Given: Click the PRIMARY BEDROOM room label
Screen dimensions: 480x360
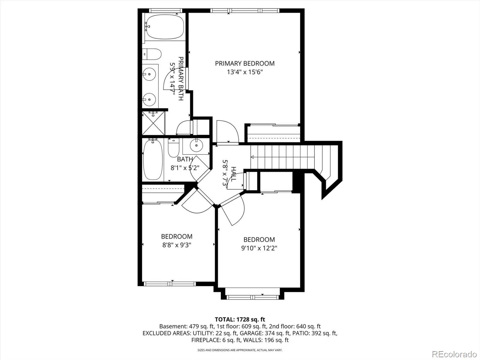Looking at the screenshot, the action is coord(245,63).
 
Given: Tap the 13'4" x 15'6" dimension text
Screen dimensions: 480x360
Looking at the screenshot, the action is coord(245,72).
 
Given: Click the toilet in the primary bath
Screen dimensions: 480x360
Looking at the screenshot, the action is coord(152,54).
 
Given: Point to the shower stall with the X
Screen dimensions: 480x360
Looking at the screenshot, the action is coord(154,123).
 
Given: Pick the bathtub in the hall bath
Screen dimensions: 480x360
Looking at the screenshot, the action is coord(153,160).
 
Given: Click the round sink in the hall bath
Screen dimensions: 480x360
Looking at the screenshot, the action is coord(196,145).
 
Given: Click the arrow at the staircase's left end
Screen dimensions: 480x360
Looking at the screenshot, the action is coord(252,157).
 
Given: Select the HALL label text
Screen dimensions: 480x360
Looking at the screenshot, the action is coord(233,174).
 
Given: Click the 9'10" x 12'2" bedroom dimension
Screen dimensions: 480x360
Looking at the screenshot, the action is coord(259,248).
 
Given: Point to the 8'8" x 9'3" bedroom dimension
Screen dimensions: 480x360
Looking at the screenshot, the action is coord(177,245).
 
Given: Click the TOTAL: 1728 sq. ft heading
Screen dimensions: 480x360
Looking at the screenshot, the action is coord(240,319).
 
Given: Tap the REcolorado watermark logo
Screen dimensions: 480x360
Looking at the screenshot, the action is coord(454,353).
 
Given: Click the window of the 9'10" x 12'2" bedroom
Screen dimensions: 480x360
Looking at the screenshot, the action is coord(253,297).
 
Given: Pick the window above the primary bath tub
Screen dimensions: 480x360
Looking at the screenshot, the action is coord(166,10).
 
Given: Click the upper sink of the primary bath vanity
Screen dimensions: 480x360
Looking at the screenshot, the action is coord(149,74).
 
